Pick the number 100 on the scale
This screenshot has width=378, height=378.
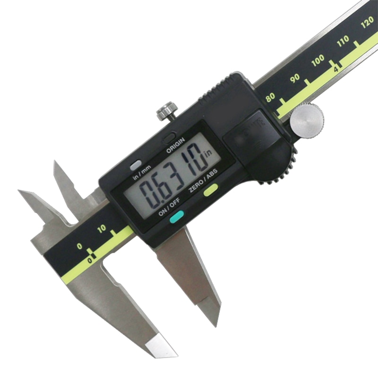[x=318, y=60]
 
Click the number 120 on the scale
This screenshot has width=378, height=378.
[x=367, y=24]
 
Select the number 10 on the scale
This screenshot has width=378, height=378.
[x=102, y=229]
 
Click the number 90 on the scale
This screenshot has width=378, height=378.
[x=296, y=78]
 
